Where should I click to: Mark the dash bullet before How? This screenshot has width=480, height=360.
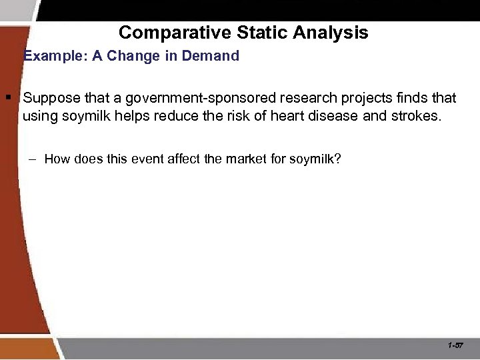(34, 159)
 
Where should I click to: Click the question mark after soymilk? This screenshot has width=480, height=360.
(337, 159)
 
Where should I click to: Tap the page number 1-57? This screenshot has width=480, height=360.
(456, 345)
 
